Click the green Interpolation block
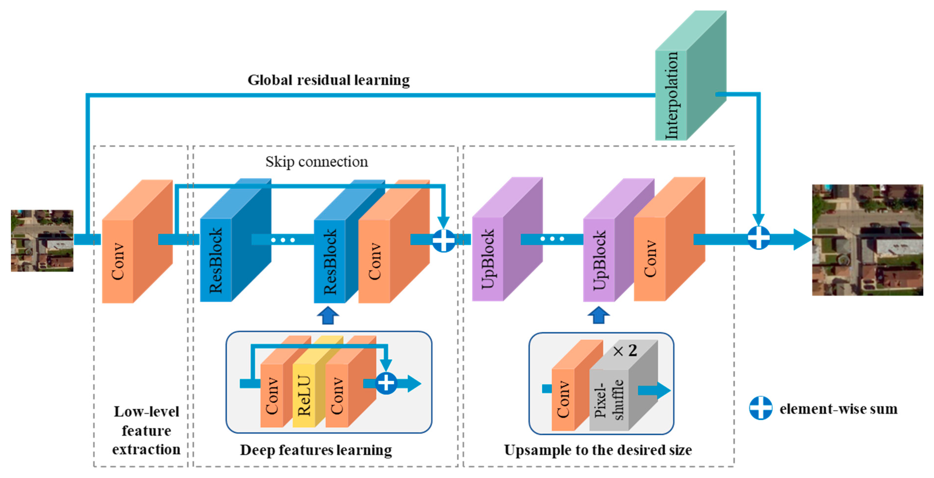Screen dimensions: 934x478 pos(691,75)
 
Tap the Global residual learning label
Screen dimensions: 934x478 pos(329,80)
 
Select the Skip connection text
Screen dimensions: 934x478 pos(317,162)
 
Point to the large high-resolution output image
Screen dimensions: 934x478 pos(867,240)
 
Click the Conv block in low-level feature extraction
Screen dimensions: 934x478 pos(137,241)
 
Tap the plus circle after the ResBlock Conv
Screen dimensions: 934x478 pos(443,240)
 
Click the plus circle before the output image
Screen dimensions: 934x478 pos(759,238)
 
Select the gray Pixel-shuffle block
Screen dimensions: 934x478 pos(623,385)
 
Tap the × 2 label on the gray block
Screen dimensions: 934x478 pos(625,350)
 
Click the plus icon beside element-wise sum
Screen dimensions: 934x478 pos(761,408)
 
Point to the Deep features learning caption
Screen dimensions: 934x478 pos(316,450)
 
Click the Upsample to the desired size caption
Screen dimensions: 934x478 pos(598,450)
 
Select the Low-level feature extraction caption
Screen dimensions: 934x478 pos(146,430)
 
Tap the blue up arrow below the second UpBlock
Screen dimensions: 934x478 pos(599,315)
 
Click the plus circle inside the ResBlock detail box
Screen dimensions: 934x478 pos(386,383)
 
